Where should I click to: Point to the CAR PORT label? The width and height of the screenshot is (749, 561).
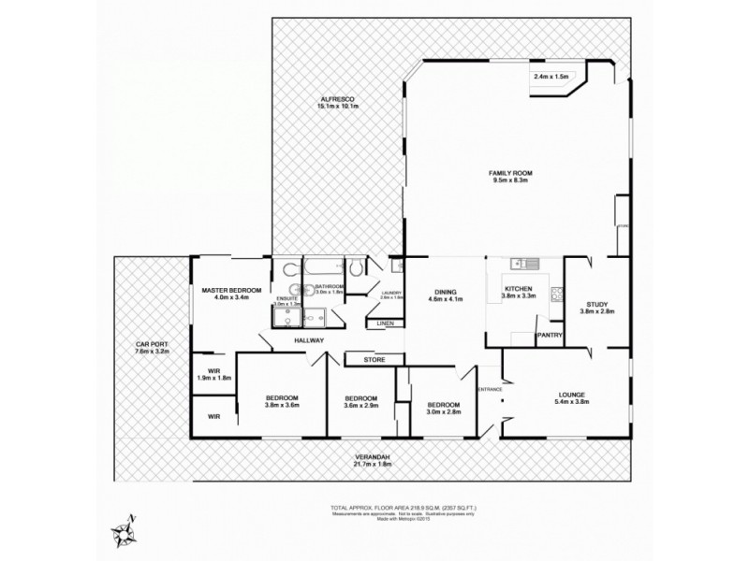tap(151, 344)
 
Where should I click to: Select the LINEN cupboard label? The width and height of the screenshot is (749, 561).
tap(385, 324)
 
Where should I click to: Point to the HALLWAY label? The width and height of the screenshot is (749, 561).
tap(309, 340)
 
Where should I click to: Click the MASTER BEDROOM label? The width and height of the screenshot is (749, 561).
tap(231, 292)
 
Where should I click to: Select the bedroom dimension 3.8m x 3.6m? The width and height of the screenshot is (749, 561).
tap(281, 405)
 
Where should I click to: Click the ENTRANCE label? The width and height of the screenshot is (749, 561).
tap(490, 389)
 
